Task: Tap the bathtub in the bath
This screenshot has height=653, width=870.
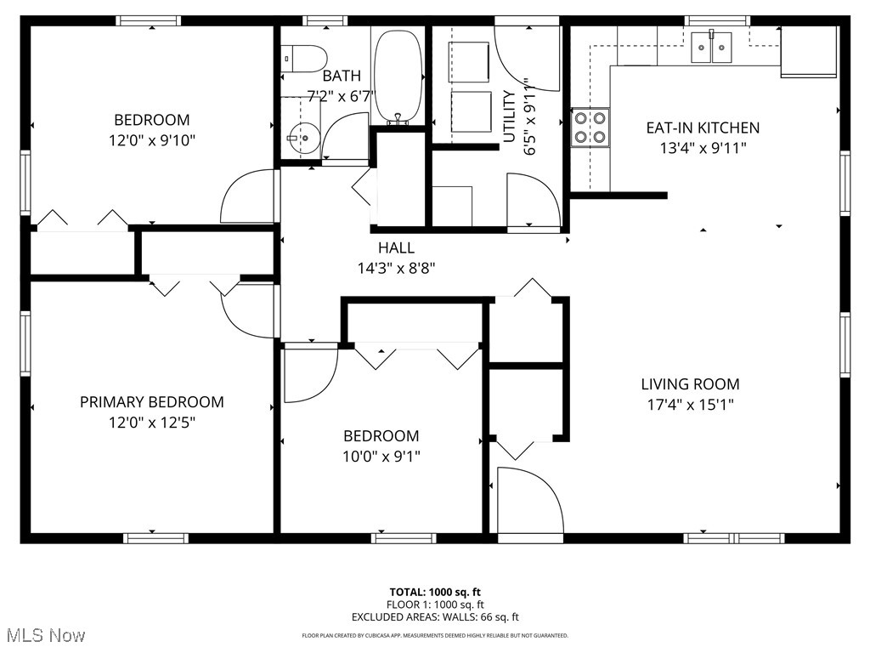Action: (398, 77)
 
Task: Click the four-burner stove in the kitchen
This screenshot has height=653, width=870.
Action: (590, 126)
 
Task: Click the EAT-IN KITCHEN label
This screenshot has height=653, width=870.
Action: (703, 128)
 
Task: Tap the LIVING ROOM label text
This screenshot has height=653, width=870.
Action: (690, 384)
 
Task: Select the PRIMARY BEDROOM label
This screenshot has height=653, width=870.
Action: (152, 402)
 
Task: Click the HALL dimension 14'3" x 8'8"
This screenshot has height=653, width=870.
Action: (396, 267)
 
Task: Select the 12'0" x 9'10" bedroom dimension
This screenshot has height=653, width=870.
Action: (152, 140)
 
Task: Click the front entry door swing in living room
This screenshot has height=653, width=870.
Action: (528, 502)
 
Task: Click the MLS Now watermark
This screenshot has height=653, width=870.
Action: (44, 635)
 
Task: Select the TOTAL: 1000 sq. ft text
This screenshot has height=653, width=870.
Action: (435, 592)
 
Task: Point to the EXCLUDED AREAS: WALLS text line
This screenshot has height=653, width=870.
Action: (435, 617)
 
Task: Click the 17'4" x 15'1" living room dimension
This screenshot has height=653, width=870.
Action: (690, 405)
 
